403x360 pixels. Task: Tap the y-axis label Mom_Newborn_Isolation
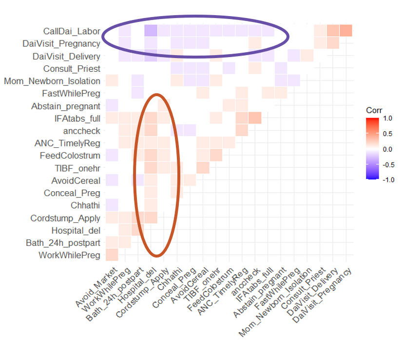(52, 81)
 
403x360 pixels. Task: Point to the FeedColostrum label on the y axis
(70, 156)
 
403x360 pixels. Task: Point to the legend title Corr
(374, 110)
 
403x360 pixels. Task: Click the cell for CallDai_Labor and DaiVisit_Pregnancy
(345, 31)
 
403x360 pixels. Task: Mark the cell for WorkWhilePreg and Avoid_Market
(112, 255)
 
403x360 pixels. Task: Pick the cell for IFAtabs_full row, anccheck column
(254, 118)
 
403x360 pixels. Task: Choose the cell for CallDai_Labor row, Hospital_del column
(151, 31)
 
